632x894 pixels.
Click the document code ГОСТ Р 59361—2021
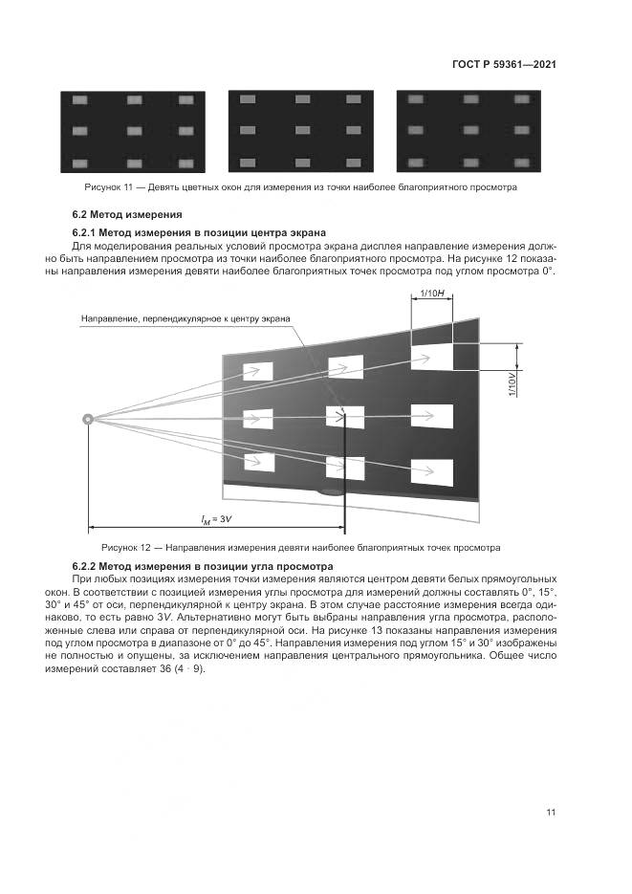(504, 65)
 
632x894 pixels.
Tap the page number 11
(551, 813)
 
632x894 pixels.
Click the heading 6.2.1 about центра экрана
(199, 232)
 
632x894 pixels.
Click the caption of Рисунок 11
(301, 187)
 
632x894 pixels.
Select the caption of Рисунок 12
(301, 549)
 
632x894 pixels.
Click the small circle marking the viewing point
(88, 418)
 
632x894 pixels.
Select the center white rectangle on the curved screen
(345, 417)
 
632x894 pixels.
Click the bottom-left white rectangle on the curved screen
(259, 462)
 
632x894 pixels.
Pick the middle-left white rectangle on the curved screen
(258, 419)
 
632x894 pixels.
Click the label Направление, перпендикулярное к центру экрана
(185, 318)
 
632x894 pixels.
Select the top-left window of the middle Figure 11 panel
(248, 99)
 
